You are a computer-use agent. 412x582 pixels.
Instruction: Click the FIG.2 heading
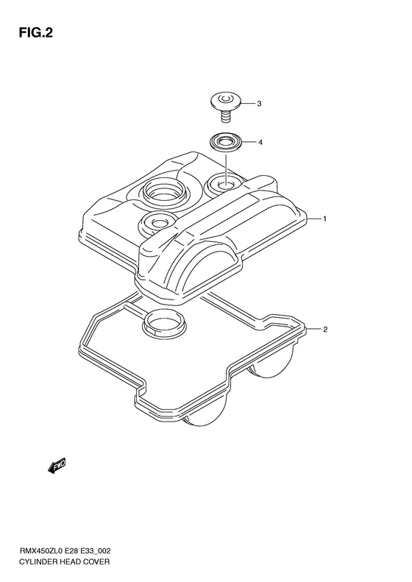click(x=35, y=33)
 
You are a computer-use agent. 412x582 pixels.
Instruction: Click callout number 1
click(x=324, y=219)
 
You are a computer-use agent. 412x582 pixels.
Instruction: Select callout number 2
click(x=325, y=329)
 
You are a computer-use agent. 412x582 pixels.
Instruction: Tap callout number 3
click(x=259, y=104)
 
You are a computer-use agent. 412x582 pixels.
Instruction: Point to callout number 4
click(x=260, y=142)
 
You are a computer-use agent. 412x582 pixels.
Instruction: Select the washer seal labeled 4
click(x=225, y=142)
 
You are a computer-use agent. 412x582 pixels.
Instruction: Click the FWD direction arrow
click(x=57, y=466)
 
